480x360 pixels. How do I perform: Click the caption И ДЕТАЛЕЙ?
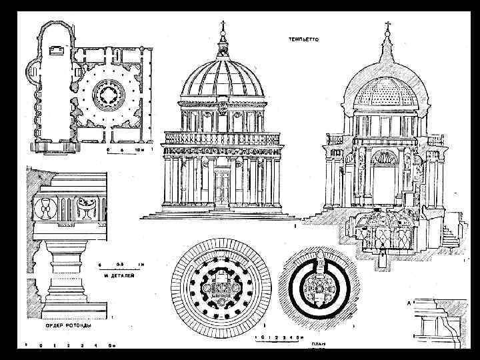[x=119, y=275]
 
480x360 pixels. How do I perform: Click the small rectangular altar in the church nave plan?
[x=57, y=50]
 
